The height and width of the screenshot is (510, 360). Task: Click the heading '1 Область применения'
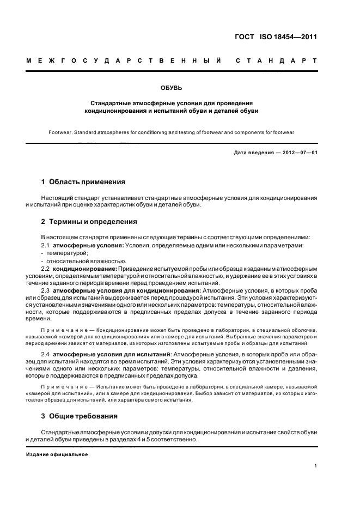[83, 182]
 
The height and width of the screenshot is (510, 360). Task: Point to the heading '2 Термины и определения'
[89, 222]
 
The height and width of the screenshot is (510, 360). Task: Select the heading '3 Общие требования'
[80, 416]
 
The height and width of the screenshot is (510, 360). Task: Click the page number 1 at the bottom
[316, 466]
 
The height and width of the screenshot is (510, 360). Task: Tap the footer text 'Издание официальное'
[57, 454]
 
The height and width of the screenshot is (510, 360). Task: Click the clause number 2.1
[46, 246]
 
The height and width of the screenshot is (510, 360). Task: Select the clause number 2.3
[46, 291]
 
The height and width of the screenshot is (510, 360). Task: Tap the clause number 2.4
[46, 354]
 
